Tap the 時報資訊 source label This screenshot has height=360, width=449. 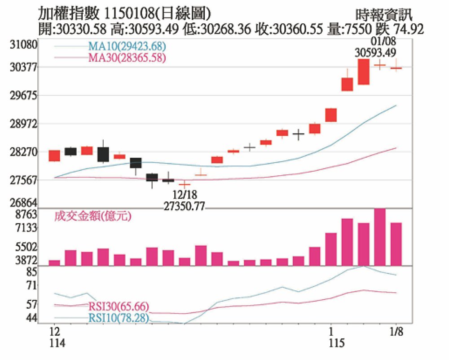coord(383,15)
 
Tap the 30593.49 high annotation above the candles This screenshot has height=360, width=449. coord(375,53)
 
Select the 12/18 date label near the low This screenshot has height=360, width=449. coord(185,194)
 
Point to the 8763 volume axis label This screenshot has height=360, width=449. coord(26,214)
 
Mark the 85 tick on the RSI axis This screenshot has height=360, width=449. coord(31,271)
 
